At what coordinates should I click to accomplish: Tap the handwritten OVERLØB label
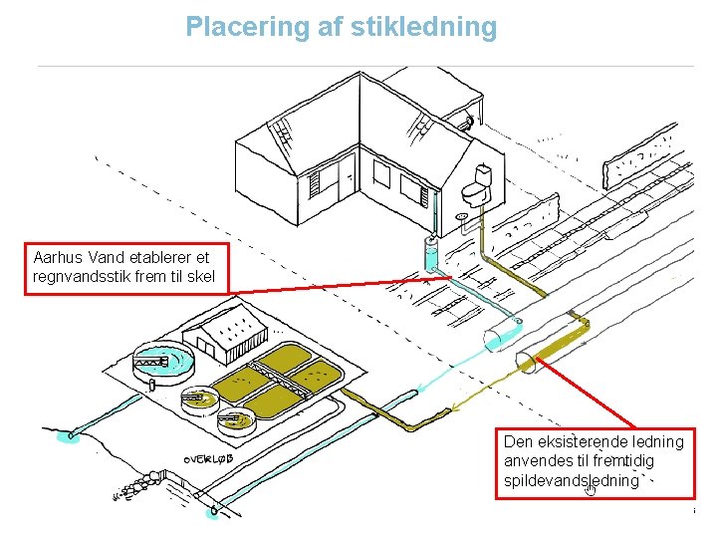209,459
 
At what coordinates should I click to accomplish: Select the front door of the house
347,179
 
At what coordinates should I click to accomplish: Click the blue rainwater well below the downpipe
430,254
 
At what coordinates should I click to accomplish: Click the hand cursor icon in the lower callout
591,488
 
